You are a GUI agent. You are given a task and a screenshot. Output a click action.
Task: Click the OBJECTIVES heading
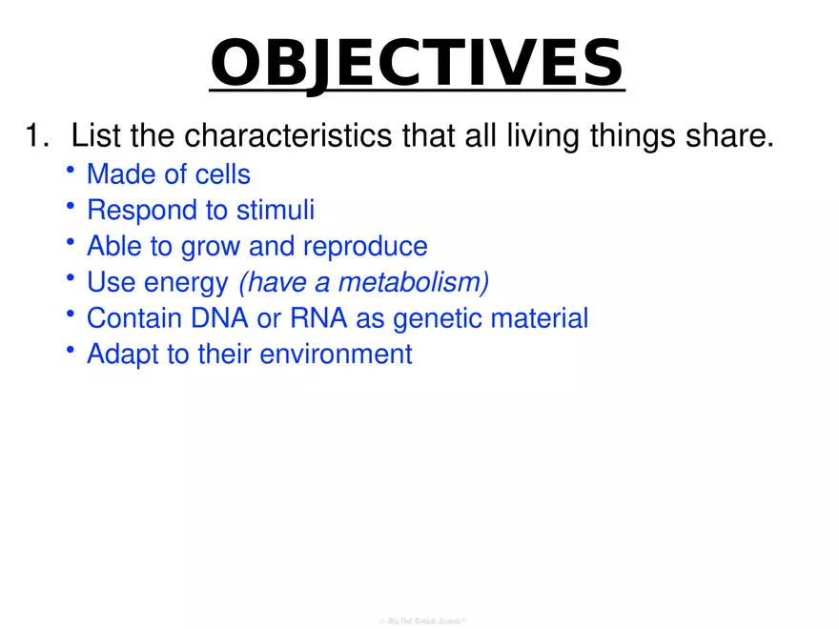click(417, 62)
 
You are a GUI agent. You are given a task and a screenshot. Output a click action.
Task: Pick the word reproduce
click(365, 247)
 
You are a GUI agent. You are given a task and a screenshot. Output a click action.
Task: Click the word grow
click(209, 247)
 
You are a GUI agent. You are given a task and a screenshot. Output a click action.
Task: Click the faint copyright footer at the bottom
click(419, 619)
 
